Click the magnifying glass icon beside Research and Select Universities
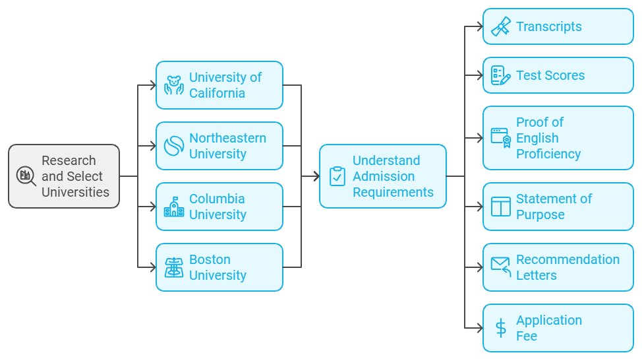(26, 176)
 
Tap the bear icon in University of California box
(173, 85)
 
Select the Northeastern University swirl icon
(173, 146)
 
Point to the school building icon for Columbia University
(173, 207)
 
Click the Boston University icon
(173, 267)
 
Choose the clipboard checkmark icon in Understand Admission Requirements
(337, 176)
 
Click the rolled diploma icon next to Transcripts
(500, 27)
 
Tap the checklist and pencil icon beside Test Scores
(500, 76)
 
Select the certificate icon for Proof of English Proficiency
(500, 138)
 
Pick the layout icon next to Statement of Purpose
(500, 207)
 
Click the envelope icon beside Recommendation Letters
(500, 267)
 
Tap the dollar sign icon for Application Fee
(500, 328)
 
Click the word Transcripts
(548, 27)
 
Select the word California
(217, 93)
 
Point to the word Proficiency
(548, 154)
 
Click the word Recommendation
(568, 259)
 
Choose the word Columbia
(217, 199)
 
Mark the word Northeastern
(227, 138)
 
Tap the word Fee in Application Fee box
(526, 336)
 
